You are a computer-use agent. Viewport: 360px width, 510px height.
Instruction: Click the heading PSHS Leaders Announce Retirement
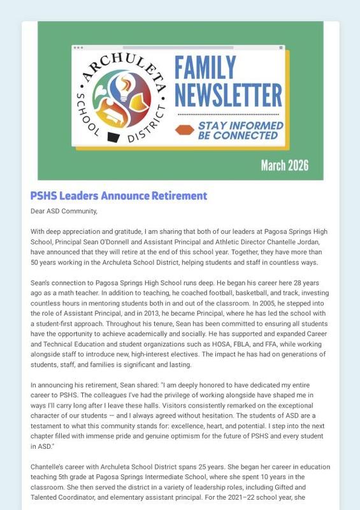(x=119, y=196)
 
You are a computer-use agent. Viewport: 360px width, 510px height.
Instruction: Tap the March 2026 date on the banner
(x=284, y=166)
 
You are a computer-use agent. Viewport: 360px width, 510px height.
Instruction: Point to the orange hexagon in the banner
(x=184, y=130)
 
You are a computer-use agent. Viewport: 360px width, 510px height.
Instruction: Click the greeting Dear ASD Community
(x=64, y=211)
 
